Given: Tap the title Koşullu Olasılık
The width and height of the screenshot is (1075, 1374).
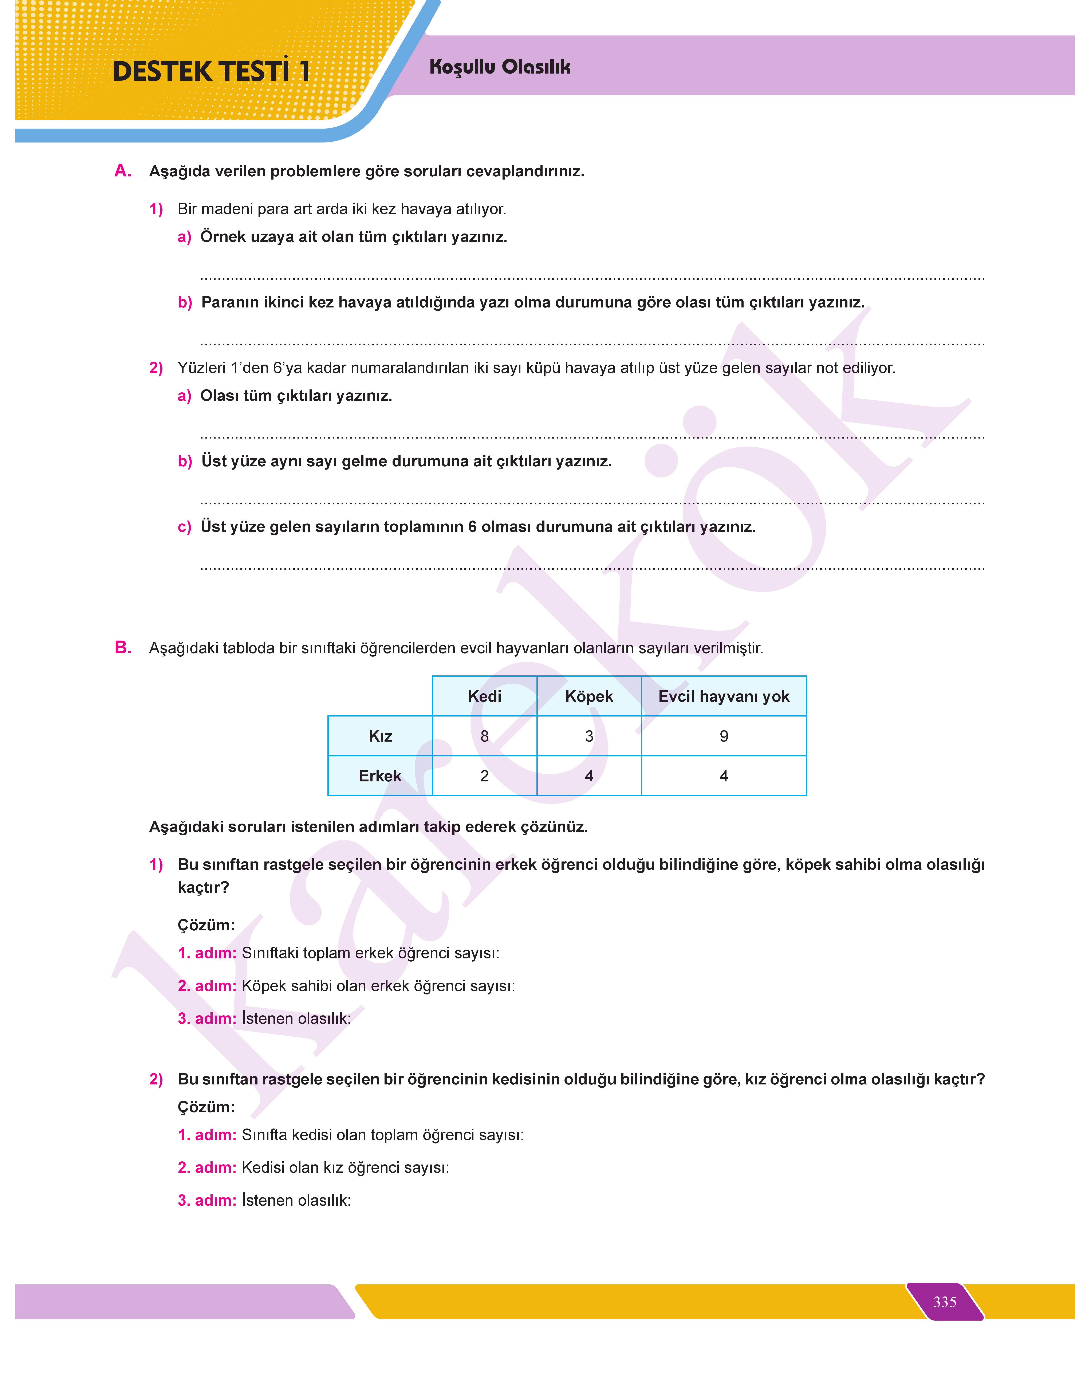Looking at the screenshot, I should tap(500, 67).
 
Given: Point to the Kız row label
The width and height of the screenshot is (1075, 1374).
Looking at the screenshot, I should tap(380, 736).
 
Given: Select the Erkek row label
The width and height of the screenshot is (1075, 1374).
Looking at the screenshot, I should tap(380, 776).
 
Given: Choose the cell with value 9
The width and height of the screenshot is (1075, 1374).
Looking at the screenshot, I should tap(724, 736).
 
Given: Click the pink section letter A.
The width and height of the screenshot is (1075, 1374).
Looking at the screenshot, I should tap(123, 170).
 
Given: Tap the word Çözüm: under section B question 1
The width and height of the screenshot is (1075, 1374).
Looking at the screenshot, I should tap(206, 924).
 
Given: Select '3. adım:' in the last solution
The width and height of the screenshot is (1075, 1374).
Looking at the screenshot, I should tap(206, 1200).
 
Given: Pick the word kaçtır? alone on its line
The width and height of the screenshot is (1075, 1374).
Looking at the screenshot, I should tap(203, 887).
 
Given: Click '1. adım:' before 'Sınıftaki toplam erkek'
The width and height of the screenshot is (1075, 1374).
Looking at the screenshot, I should tap(206, 953).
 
